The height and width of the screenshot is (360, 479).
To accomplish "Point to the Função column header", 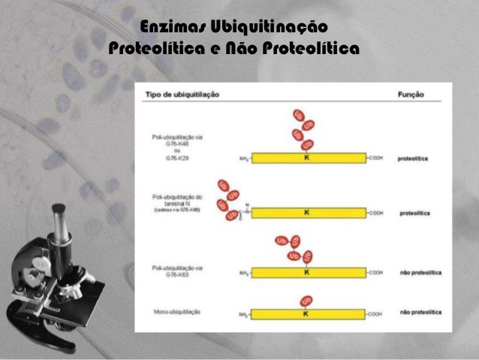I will point(410,95).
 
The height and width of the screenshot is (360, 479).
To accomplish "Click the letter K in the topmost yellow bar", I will point(306,159).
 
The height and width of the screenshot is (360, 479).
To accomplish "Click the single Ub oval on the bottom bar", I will point(306,300).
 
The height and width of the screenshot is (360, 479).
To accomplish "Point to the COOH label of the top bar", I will point(375,159).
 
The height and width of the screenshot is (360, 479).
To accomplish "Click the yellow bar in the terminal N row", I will point(330,213).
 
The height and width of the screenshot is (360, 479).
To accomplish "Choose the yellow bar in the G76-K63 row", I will point(330,272).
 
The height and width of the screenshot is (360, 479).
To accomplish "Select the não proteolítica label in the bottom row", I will point(420,311).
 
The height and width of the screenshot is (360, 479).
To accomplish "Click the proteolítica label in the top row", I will point(414,159).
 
